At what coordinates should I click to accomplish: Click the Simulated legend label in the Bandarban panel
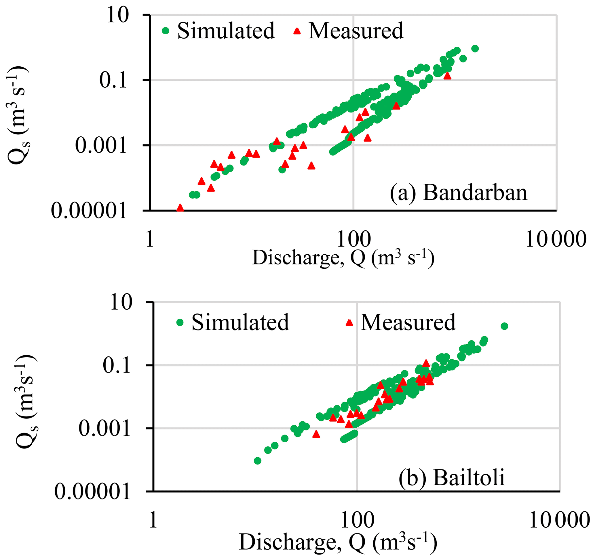[x=226, y=31]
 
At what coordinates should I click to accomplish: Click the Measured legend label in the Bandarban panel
[x=356, y=31]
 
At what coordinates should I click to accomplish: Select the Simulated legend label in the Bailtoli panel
[x=240, y=322]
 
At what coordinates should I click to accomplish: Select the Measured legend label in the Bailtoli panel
[x=408, y=322]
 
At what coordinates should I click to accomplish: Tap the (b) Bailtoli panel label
[x=452, y=477]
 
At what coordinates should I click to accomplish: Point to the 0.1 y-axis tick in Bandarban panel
[x=113, y=80]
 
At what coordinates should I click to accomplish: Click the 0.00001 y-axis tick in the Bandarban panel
[x=89, y=211]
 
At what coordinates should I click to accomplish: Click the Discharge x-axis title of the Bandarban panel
[x=343, y=258]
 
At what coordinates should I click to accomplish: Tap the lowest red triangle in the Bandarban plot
[x=180, y=208]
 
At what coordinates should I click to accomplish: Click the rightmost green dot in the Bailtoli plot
[x=504, y=326]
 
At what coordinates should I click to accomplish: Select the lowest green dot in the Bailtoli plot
[x=257, y=461]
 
